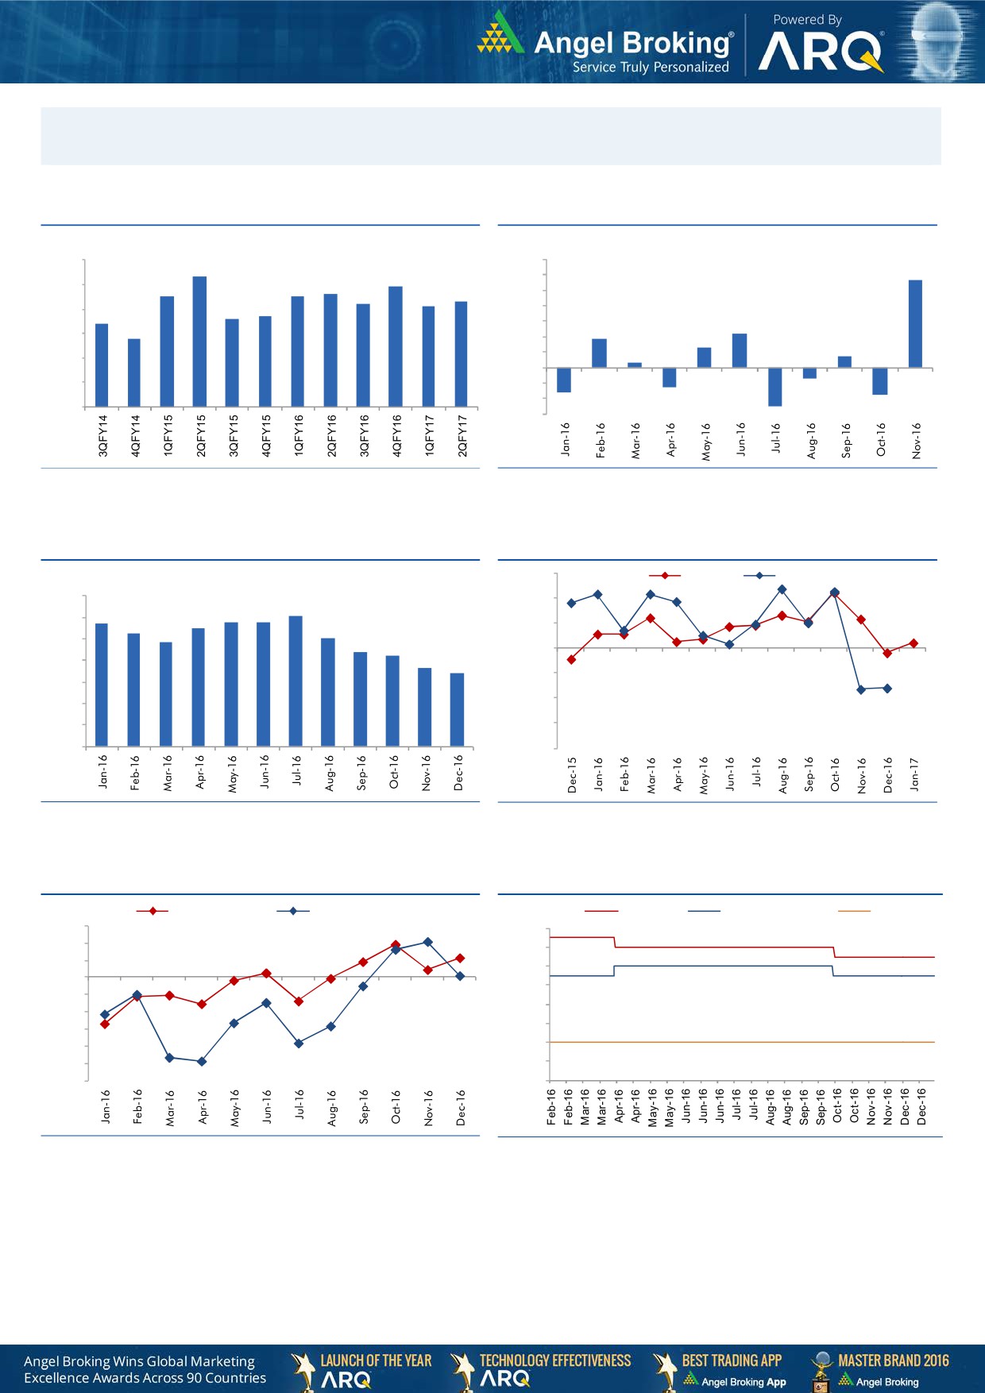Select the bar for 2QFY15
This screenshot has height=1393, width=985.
(x=199, y=341)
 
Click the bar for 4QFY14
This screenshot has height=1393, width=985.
(x=134, y=372)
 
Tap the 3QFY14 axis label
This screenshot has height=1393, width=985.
(x=102, y=435)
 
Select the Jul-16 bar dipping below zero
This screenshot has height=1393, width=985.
(x=775, y=387)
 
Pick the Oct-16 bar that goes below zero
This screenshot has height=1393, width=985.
(x=879, y=381)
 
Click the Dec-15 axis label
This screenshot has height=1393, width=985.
(x=572, y=774)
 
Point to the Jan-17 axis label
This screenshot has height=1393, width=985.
(x=914, y=774)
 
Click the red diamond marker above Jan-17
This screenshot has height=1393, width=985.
(x=914, y=643)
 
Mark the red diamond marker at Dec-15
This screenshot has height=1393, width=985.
(x=571, y=659)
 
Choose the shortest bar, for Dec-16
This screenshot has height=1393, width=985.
(x=457, y=710)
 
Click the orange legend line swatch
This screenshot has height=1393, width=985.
(x=854, y=911)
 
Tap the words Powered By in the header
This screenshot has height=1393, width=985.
(x=807, y=20)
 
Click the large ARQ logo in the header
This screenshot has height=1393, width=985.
(x=821, y=52)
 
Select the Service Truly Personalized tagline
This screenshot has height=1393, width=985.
(x=651, y=68)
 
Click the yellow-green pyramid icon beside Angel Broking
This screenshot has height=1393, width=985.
(x=500, y=33)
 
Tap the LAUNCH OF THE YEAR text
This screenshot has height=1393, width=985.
(x=376, y=1360)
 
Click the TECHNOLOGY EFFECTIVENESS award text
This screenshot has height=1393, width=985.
(x=555, y=1360)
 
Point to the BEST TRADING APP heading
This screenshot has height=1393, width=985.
(x=732, y=1360)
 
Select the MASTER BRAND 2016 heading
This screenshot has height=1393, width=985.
(x=893, y=1360)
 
